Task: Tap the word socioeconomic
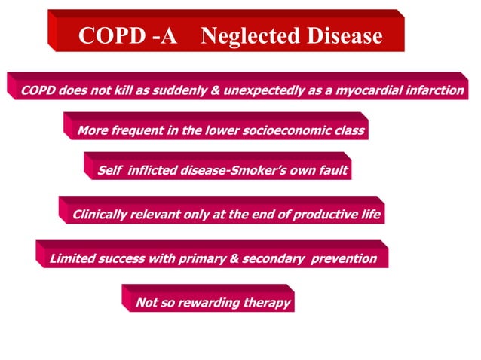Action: click(286, 130)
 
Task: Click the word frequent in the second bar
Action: click(136, 130)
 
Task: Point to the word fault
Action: click(332, 170)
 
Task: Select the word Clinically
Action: click(103, 215)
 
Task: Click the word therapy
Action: click(265, 304)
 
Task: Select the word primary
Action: click(200, 259)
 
